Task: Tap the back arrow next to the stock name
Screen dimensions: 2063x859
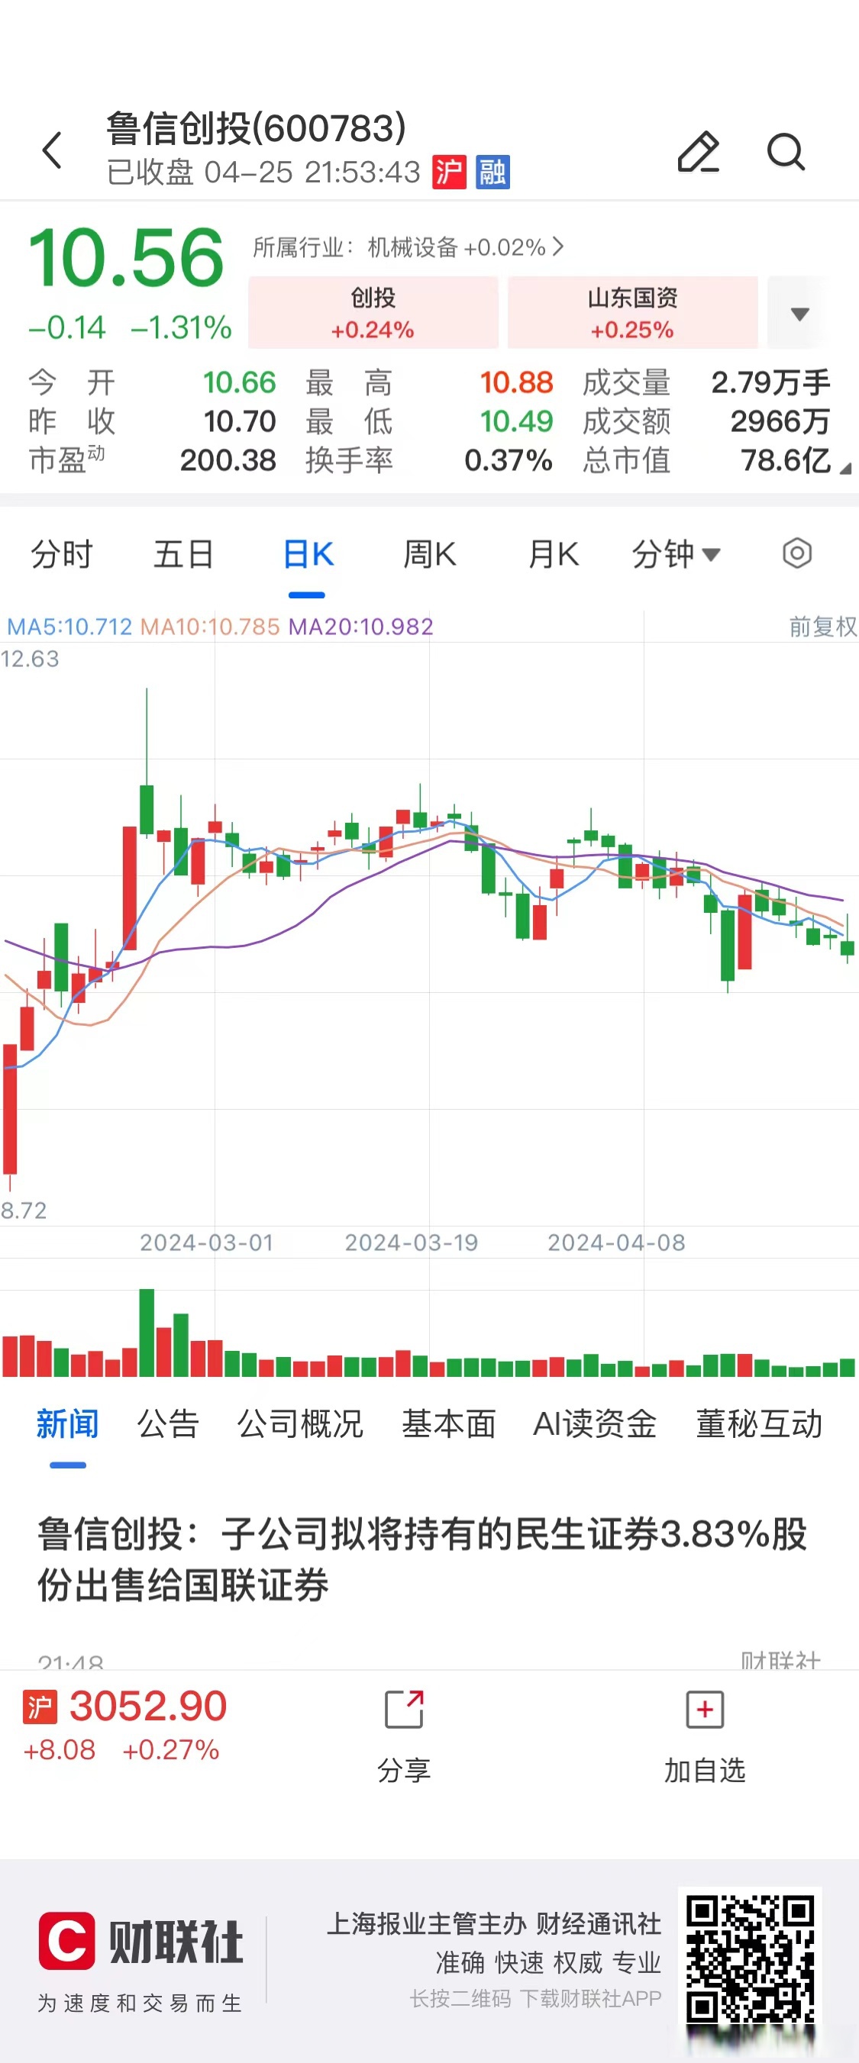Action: [52, 150]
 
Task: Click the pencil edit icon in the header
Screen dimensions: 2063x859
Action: [698, 151]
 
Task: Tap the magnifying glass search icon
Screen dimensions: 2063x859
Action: [785, 151]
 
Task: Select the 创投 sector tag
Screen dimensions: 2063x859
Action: [373, 312]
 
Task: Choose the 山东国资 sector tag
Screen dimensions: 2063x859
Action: [632, 312]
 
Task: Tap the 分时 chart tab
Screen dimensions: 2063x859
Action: [62, 554]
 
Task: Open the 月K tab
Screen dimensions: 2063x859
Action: [553, 554]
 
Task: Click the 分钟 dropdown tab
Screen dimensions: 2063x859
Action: [676, 554]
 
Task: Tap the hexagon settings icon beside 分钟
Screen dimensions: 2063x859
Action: [796, 553]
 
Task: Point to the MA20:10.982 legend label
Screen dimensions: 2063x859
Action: [360, 627]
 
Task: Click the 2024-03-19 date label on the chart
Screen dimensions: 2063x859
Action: [411, 1242]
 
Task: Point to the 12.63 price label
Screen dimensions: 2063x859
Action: [30, 659]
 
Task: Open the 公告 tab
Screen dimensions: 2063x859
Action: [167, 1424]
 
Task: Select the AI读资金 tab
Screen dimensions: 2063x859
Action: [595, 1424]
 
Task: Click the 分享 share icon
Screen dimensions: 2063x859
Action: [404, 1710]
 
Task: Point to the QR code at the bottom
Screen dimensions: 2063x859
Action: [750, 1962]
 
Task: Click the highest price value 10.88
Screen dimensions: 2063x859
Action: [516, 383]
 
